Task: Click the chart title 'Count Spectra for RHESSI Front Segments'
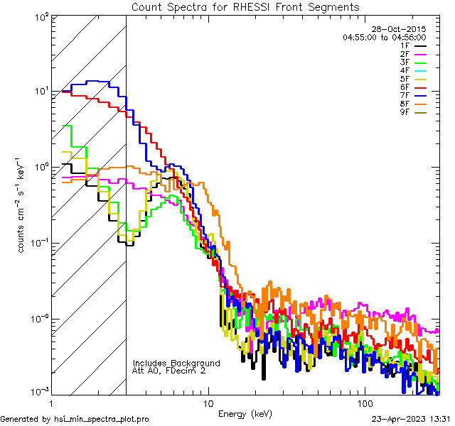(x=245, y=7)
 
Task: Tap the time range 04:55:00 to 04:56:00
(x=384, y=37)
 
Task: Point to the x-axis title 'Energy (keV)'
(x=245, y=413)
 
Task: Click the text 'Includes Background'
(x=176, y=363)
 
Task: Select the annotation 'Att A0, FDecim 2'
(x=169, y=371)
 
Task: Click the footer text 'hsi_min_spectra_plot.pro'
(x=102, y=419)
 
